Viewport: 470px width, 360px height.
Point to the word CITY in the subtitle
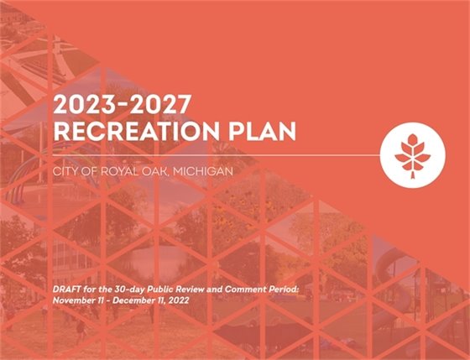click(65, 171)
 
